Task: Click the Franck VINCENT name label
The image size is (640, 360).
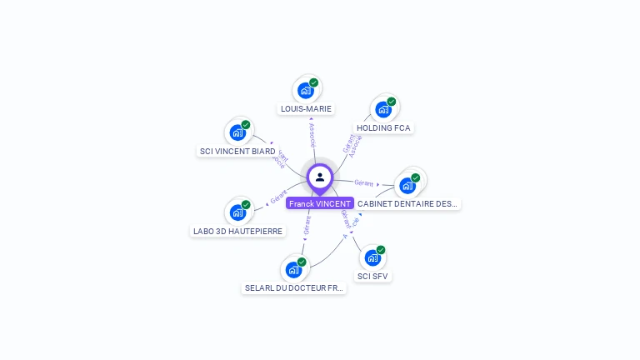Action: pos(320,203)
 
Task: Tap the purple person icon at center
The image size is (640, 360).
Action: pos(320,177)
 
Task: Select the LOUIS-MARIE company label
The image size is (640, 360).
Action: pos(306,108)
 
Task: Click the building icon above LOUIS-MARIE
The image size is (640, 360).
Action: pos(306,90)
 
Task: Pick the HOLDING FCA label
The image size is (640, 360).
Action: pos(383,128)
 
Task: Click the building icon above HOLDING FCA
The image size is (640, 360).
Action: pos(383,109)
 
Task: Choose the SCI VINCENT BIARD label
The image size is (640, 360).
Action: pos(237,152)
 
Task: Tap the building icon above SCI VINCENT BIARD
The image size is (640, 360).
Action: pos(237,132)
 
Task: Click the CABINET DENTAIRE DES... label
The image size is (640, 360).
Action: pos(407,203)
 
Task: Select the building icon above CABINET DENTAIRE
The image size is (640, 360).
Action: pos(407,185)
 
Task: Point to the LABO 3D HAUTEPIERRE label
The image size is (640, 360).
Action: pos(238,231)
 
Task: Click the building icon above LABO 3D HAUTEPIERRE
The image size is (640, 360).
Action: pos(238,212)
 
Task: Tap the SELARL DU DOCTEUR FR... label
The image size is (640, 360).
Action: pos(293,287)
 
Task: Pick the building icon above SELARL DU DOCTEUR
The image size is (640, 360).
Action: pos(293,269)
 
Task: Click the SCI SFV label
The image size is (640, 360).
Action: pos(372,276)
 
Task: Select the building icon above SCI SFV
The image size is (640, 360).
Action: pos(372,257)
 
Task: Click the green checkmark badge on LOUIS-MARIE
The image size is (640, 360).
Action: pos(314,82)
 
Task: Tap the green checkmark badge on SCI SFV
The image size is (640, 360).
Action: pos(381,250)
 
